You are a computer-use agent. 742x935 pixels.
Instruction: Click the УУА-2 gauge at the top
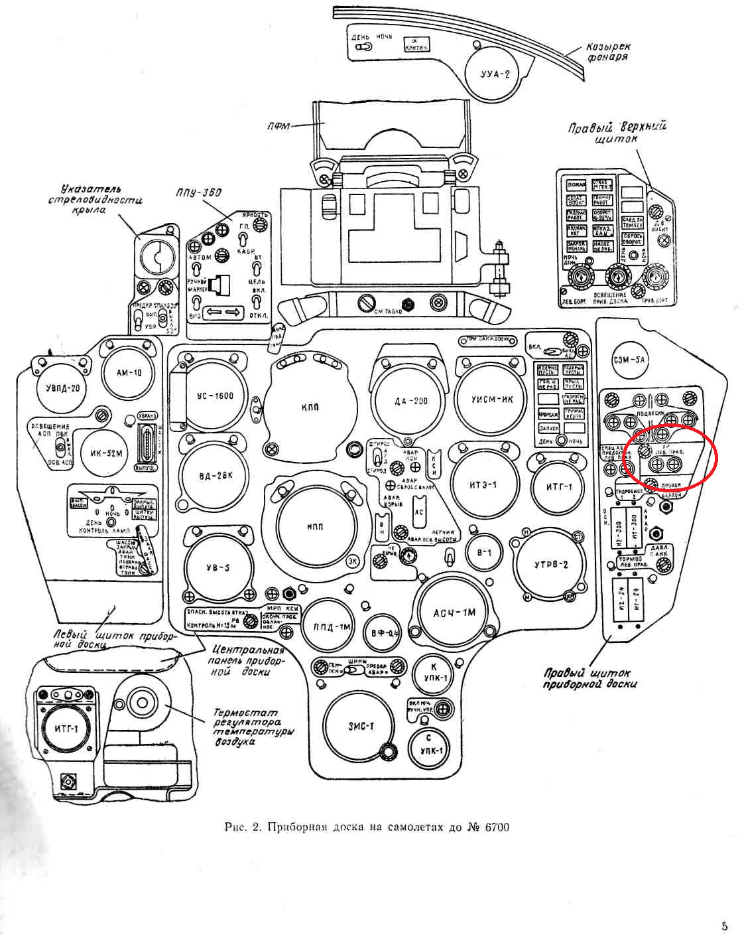coord(495,73)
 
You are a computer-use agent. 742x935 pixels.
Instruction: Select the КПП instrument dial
coord(309,406)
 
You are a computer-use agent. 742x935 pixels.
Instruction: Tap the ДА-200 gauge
coord(411,401)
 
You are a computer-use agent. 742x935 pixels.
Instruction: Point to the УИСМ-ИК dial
coord(492,399)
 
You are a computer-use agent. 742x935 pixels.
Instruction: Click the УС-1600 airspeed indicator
coord(216,397)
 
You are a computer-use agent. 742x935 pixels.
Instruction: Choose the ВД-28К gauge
coord(216,476)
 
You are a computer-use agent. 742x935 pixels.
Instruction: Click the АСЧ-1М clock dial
coord(454,612)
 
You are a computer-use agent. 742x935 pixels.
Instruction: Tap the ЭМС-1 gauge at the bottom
coord(361,726)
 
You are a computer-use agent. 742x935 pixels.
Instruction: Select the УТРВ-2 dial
coord(551,565)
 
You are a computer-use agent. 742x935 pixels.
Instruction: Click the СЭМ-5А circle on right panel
coord(629,360)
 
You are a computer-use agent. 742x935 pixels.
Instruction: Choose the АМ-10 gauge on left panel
coord(129,373)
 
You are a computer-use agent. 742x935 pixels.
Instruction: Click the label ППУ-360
coord(199,193)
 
